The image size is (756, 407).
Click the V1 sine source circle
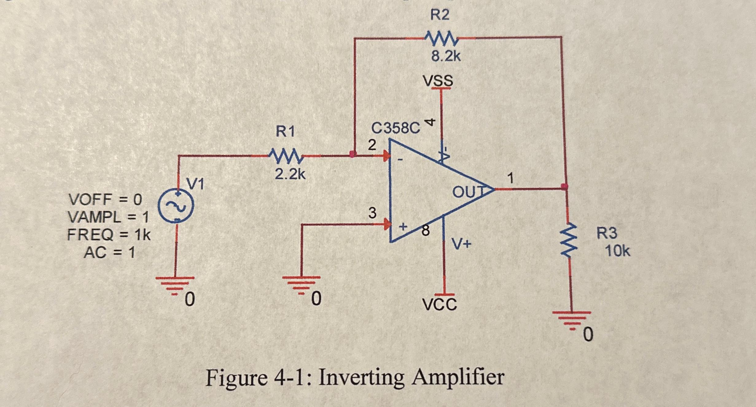click(x=176, y=206)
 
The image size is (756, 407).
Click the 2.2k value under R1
click(x=290, y=174)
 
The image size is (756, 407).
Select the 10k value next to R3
click(x=617, y=251)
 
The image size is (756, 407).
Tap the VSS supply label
click(x=438, y=81)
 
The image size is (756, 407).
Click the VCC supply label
click(x=439, y=305)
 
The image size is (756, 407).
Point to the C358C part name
click(x=396, y=128)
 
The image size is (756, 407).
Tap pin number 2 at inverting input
click(x=372, y=145)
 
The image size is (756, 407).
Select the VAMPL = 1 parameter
click(x=108, y=218)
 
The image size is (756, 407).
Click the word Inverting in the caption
click(x=361, y=378)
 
